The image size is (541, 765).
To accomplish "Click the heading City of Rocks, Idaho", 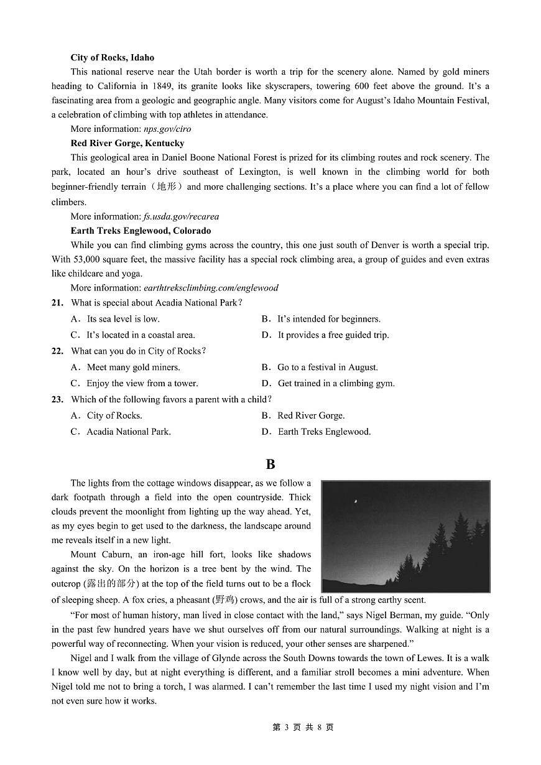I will click(x=112, y=58).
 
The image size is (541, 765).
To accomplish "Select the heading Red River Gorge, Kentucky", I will click(x=127, y=144).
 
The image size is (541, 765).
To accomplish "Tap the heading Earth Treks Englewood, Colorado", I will click(x=141, y=231).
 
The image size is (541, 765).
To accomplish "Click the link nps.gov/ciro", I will click(x=167, y=129).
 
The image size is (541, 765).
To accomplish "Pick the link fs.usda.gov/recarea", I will click(x=181, y=216).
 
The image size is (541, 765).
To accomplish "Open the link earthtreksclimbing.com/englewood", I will click(x=211, y=288).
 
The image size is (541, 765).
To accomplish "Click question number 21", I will click(x=57, y=303).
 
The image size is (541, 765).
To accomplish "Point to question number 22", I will click(x=57, y=351).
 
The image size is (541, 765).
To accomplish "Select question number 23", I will click(x=57, y=400).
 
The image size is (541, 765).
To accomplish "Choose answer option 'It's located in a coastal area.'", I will click(x=141, y=335).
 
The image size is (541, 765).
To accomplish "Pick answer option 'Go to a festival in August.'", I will click(x=327, y=368).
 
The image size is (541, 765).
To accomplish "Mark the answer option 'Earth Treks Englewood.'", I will click(x=323, y=432).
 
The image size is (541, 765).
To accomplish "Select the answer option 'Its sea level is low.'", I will click(x=123, y=319).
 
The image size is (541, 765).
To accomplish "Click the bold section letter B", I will click(x=270, y=465).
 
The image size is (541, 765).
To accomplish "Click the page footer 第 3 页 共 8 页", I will click(x=303, y=728).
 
